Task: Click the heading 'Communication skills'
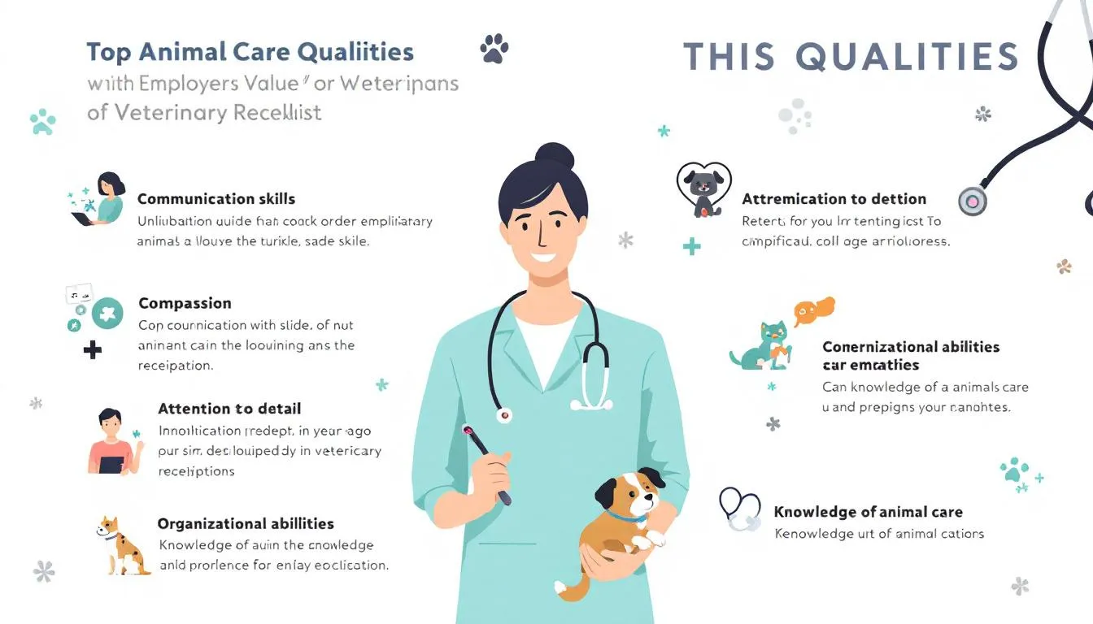point(216,199)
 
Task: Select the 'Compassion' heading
point(185,303)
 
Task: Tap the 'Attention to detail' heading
point(229,409)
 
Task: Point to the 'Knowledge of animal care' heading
point(868,512)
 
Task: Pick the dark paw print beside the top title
point(494,49)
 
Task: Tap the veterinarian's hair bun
point(555,156)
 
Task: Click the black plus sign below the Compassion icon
point(93,351)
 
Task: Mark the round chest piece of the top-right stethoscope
point(972,201)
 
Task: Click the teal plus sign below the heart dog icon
point(691,246)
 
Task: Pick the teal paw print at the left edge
point(42,122)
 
